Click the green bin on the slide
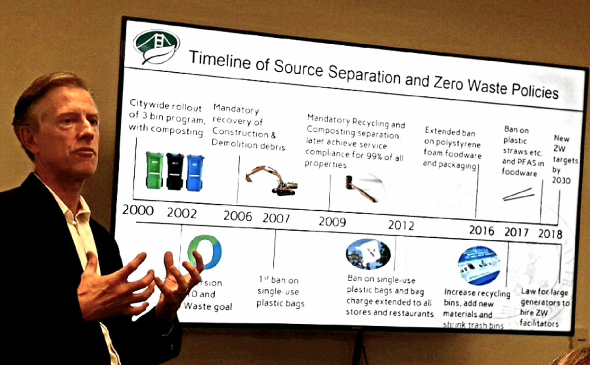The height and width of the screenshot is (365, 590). coord(154,170)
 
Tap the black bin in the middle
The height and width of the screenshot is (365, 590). coord(175,171)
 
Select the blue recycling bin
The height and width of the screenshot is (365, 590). coord(195,172)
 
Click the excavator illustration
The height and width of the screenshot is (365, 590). coord(272,181)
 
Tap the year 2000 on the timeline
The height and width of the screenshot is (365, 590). coord(138,211)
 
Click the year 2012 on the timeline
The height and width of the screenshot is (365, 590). coord(401,225)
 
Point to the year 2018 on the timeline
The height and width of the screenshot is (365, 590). coord(550,233)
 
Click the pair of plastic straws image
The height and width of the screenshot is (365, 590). coord(518,195)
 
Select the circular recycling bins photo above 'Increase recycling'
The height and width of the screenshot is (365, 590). coord(478,266)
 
